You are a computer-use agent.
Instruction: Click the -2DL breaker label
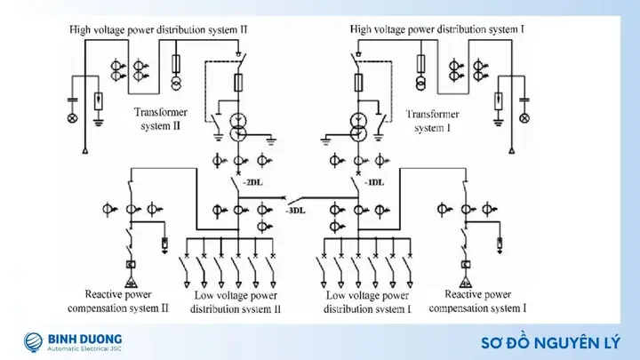tap(252, 182)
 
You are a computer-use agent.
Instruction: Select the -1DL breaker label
tap(374, 182)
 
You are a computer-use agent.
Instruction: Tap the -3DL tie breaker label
tap(295, 211)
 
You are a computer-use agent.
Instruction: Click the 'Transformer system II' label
tap(161, 119)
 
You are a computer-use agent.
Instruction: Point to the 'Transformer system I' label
tap(433, 121)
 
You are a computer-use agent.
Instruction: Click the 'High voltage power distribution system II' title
tap(158, 30)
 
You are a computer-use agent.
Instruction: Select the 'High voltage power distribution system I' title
tap(436, 29)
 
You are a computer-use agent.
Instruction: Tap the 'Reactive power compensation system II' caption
tap(118, 301)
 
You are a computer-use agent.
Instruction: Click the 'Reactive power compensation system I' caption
tap(477, 301)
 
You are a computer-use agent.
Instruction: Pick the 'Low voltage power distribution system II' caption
tap(236, 302)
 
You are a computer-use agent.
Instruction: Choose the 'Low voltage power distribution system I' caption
tap(367, 302)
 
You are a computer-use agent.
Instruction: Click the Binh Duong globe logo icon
tap(33, 342)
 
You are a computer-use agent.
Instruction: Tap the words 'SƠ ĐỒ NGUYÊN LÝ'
tap(550, 343)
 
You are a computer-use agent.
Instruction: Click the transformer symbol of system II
tap(237, 127)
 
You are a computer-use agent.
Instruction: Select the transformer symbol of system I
tap(358, 127)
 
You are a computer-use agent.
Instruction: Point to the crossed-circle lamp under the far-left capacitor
tap(72, 118)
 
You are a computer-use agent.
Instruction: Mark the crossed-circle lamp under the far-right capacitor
tap(524, 118)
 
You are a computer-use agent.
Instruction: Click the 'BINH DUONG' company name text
tap(85, 339)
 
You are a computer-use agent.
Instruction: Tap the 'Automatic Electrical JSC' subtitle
tap(84, 349)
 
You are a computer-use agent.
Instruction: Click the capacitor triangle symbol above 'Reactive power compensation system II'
tap(131, 281)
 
